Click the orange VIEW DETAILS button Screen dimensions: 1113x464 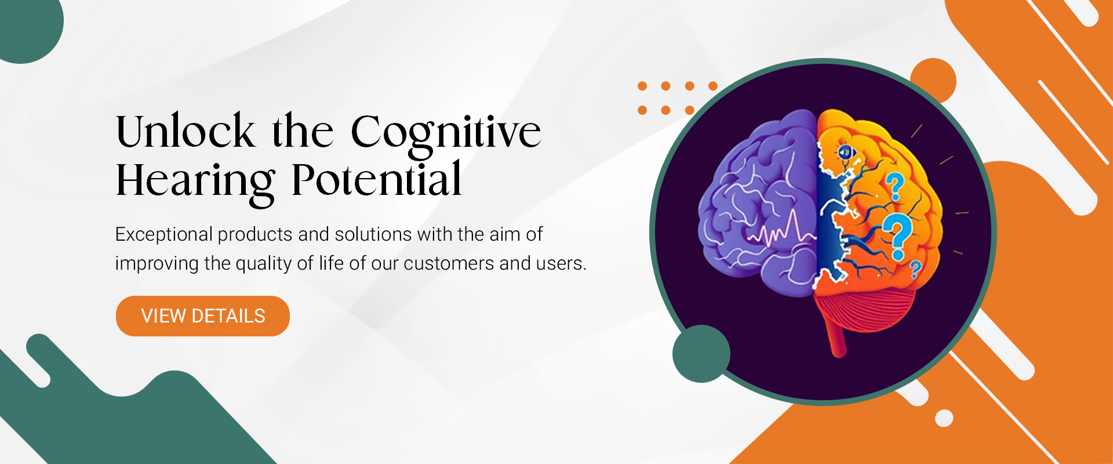pyautogui.click(x=203, y=316)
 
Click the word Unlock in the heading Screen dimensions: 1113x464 pyautogui.click(x=185, y=131)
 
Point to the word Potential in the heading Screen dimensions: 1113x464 pyautogui.click(x=377, y=179)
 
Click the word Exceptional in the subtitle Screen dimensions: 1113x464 pyautogui.click(x=164, y=234)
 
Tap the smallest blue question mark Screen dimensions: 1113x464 pyautogui.click(x=915, y=270)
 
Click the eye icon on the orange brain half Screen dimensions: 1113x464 pyautogui.click(x=846, y=153)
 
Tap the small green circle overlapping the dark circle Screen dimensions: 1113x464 pyautogui.click(x=701, y=354)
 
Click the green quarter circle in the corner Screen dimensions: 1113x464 pyautogui.click(x=26, y=26)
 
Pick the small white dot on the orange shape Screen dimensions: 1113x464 pyautogui.click(x=944, y=418)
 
